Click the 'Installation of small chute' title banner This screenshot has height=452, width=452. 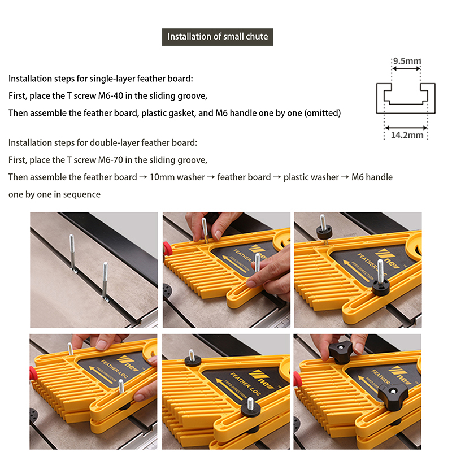coord(218,37)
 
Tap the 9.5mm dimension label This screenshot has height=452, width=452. coord(407,61)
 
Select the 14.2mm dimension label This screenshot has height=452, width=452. coord(407,135)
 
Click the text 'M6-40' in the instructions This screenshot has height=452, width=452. coord(111,95)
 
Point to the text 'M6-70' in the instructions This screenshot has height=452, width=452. coord(111,160)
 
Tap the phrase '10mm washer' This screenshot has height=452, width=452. coord(177,177)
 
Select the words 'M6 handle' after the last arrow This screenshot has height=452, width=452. coord(372,177)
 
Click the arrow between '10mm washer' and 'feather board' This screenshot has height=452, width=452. coord(211,177)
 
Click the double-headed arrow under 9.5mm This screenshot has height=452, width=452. coord(406,68)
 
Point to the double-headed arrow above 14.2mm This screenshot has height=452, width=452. coord(406,128)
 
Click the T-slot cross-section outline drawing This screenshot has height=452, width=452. coord(406,98)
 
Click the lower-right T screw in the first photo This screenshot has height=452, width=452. coord(105,281)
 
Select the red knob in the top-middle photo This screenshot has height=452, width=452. coord(166,249)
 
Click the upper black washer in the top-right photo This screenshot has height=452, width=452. coord(324,232)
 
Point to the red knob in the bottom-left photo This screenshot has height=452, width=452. coord(32,373)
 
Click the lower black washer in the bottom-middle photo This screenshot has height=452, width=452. coord(250,407)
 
